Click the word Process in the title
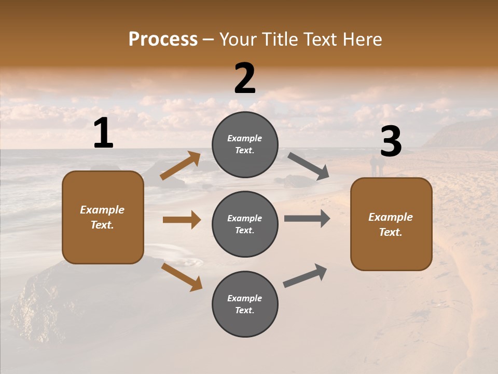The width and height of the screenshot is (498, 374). click(x=163, y=39)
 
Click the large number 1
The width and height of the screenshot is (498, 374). click(x=103, y=134)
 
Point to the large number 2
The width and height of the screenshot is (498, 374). click(x=245, y=79)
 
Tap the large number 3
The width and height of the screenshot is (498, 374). click(x=391, y=142)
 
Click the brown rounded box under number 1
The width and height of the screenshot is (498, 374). click(x=103, y=217)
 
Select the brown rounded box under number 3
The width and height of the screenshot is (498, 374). click(x=391, y=224)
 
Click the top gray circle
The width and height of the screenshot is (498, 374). click(x=245, y=144)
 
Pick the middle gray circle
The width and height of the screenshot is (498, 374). click(x=245, y=224)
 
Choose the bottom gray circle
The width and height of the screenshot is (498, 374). click(x=245, y=304)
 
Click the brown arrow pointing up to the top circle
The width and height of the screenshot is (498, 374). click(x=180, y=166)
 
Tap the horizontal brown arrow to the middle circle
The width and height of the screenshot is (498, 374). click(x=182, y=220)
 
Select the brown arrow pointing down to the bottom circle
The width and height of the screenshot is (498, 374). click(x=182, y=277)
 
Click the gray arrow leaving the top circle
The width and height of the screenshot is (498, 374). click(x=308, y=166)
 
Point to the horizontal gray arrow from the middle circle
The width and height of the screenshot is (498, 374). click(x=307, y=219)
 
